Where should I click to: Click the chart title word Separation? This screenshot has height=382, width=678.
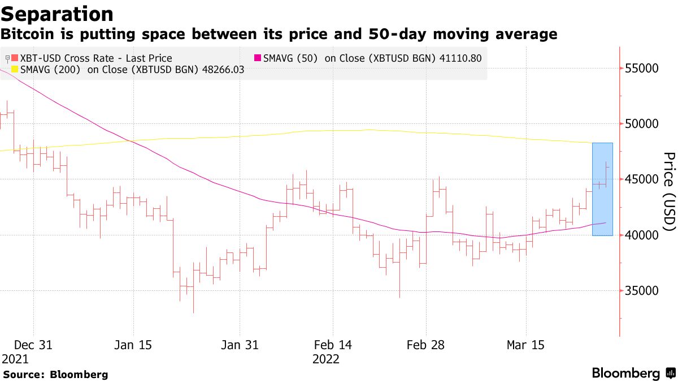click(x=57, y=14)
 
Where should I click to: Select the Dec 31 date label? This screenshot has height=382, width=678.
click(x=33, y=345)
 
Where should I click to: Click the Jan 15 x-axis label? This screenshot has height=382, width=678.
click(x=133, y=345)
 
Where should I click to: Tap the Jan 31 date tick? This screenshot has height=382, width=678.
click(x=240, y=345)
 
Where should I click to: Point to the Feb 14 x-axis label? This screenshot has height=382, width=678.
click(x=332, y=345)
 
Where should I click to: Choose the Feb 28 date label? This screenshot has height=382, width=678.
click(x=425, y=345)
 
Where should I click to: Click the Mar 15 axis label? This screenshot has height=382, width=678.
click(x=526, y=345)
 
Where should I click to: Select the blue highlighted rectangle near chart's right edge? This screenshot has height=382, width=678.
click(x=602, y=190)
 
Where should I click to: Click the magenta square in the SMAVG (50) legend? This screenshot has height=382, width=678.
click(x=258, y=58)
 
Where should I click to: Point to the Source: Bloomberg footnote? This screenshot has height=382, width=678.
click(x=55, y=375)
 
